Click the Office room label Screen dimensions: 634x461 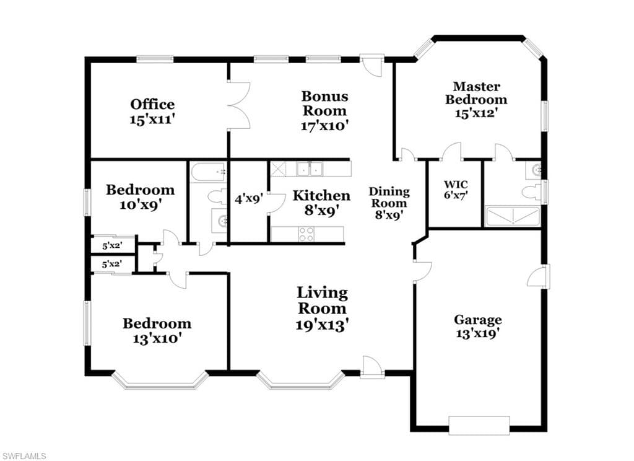click(152, 112)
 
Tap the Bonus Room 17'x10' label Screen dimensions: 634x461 click(324, 110)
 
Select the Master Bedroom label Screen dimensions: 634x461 click(476, 100)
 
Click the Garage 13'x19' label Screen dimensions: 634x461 click(477, 326)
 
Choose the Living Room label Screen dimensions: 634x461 click(322, 309)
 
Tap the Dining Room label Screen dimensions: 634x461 click(389, 203)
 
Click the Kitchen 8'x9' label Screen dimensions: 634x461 click(321, 203)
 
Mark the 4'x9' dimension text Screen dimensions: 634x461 click(249, 199)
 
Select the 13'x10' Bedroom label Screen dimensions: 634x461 click(157, 331)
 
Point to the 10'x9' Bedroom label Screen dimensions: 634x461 click(141, 197)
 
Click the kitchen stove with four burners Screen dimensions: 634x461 click(306, 234)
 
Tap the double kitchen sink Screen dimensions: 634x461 click(310, 169)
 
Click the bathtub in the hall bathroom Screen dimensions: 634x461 click(208, 172)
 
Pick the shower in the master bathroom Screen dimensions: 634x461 click(513, 216)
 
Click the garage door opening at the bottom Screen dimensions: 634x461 click(479, 425)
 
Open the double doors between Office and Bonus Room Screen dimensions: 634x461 click(240, 106)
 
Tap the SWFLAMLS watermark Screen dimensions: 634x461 click(24, 456)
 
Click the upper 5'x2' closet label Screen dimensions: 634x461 click(112, 245)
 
